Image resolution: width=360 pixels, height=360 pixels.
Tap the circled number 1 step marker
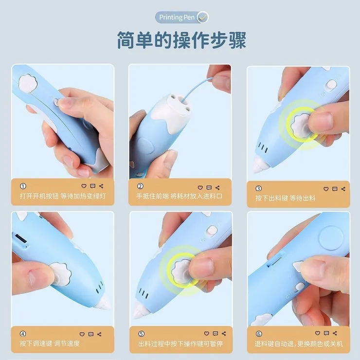23,186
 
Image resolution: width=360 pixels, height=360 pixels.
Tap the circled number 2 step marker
141,186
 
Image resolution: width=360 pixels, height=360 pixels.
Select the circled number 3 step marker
258,188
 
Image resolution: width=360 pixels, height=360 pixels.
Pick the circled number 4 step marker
23,334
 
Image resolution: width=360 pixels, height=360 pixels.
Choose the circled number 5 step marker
141,334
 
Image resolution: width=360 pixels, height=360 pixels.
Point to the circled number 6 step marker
258,334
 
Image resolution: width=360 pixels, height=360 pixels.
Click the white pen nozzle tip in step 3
257,167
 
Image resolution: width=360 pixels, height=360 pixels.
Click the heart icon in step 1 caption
84,186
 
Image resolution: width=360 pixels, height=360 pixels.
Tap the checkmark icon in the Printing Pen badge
203,18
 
